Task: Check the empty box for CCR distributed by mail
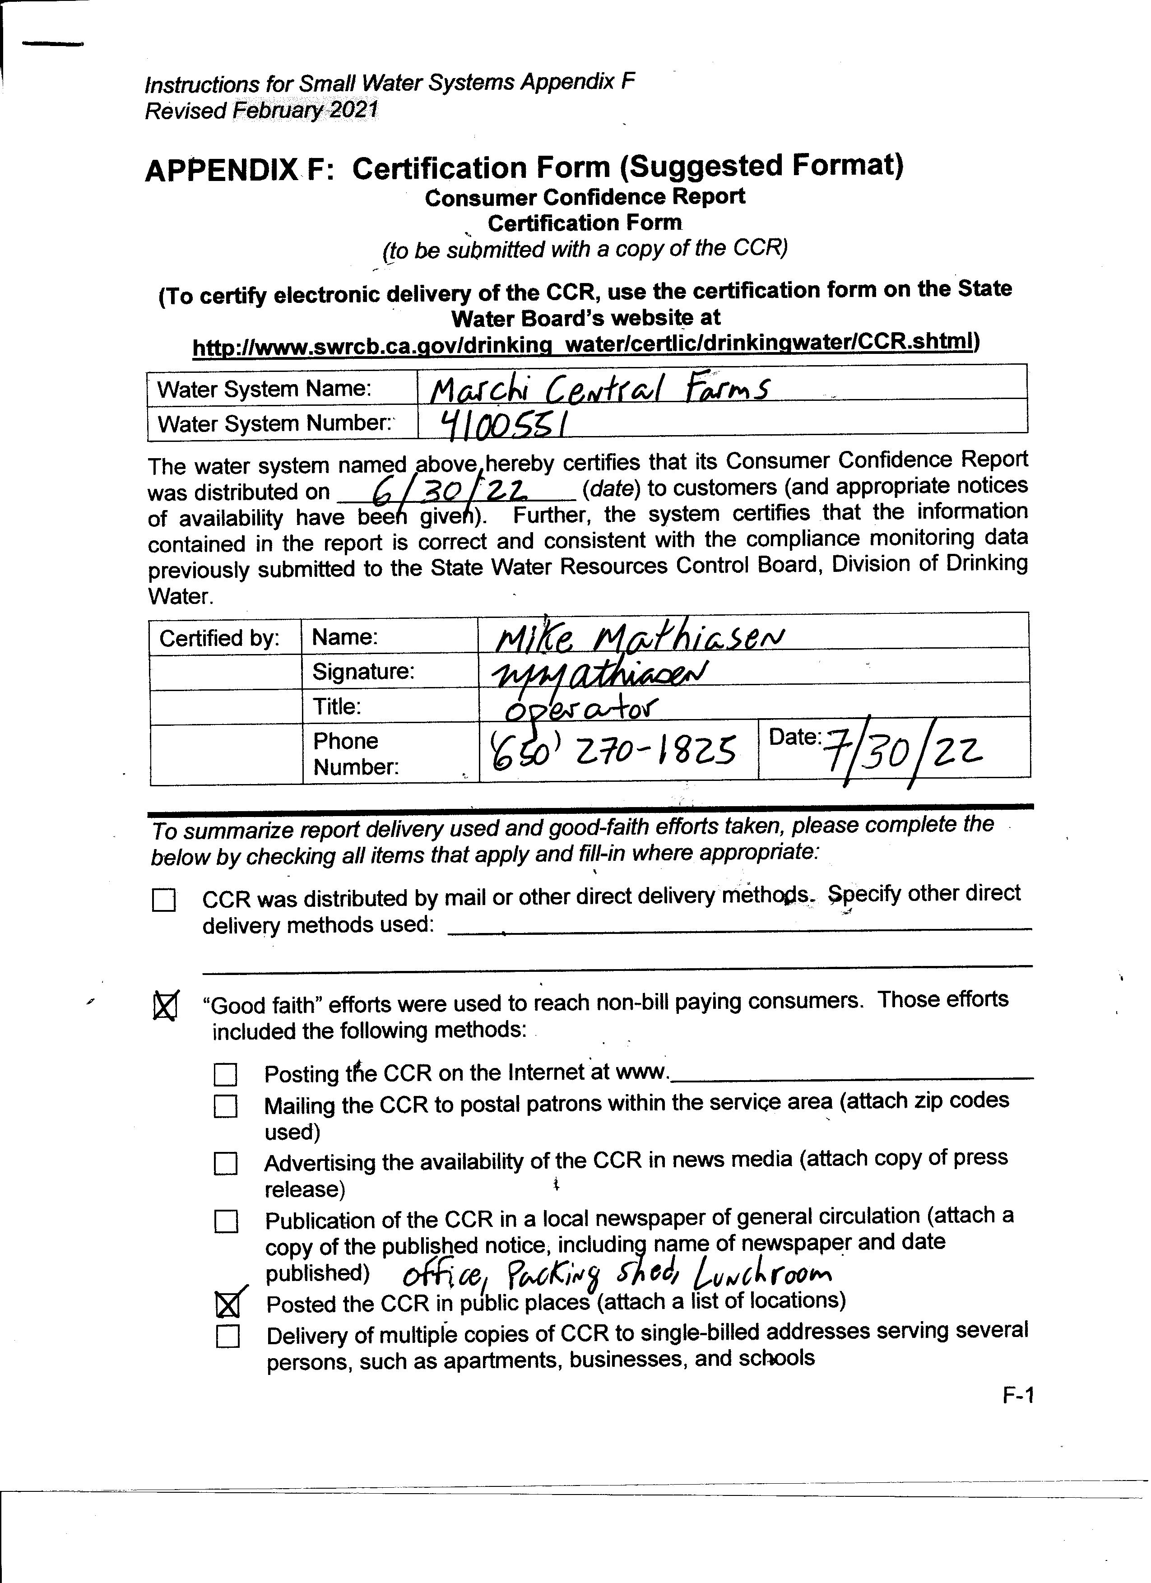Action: pyautogui.click(x=164, y=901)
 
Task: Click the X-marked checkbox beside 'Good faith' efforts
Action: pyautogui.click(x=165, y=1006)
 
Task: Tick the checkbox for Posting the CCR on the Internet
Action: pyautogui.click(x=225, y=1074)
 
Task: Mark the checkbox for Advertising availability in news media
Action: pyautogui.click(x=225, y=1164)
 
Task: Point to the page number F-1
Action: pyautogui.click(x=1018, y=1395)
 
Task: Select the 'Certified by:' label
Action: pyautogui.click(x=219, y=638)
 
